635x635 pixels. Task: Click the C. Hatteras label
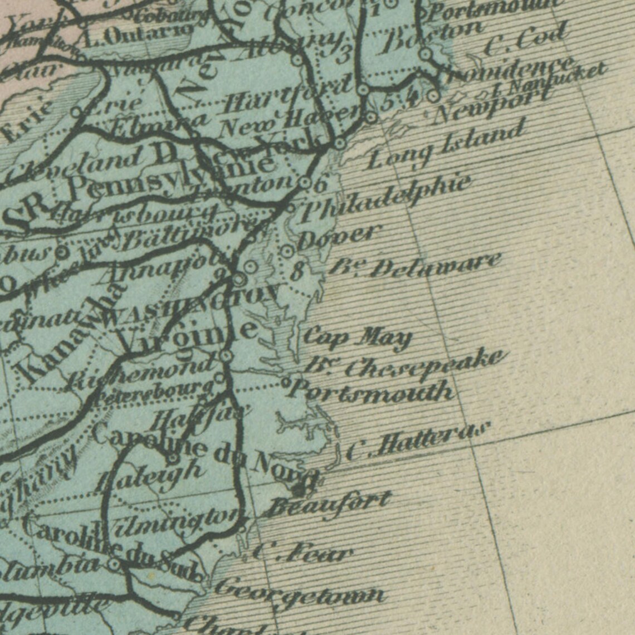click(x=418, y=441)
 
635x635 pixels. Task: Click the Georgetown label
click(x=299, y=592)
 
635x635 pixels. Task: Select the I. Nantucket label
click(x=549, y=80)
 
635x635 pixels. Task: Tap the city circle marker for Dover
click(x=287, y=251)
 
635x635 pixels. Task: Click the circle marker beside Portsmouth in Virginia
click(x=286, y=383)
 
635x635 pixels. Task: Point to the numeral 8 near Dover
click(x=298, y=272)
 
